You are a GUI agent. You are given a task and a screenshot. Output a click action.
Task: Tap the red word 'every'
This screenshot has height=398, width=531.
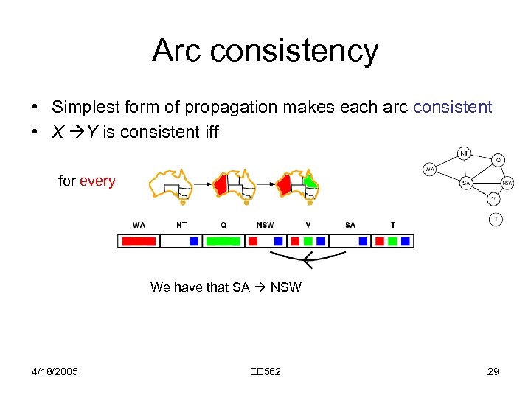(x=97, y=181)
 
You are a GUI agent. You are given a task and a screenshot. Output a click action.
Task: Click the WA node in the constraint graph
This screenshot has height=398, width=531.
(x=429, y=170)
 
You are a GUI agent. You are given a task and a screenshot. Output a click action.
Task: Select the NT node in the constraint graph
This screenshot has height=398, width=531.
(x=464, y=153)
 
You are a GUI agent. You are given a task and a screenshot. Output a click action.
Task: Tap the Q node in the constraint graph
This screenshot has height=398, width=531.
(x=499, y=160)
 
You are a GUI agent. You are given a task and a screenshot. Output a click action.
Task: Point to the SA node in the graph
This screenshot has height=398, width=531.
(x=466, y=183)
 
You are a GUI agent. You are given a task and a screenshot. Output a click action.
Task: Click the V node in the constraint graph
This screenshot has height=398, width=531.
(x=493, y=198)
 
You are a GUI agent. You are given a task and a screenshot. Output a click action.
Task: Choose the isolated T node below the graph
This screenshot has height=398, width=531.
(x=496, y=219)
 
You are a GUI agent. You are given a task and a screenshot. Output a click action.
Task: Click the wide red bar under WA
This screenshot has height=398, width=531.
(x=138, y=241)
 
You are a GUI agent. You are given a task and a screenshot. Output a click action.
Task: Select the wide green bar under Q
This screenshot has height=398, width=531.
(x=223, y=241)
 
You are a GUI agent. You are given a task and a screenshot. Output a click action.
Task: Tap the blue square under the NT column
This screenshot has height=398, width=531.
(x=193, y=241)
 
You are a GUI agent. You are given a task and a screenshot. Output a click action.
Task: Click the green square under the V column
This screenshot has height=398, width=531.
(x=308, y=241)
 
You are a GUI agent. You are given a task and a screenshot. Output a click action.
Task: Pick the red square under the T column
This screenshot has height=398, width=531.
(x=380, y=241)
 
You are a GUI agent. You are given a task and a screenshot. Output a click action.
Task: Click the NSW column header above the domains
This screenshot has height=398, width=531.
(x=265, y=225)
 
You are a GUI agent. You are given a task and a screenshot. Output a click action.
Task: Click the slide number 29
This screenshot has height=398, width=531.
(x=493, y=371)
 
